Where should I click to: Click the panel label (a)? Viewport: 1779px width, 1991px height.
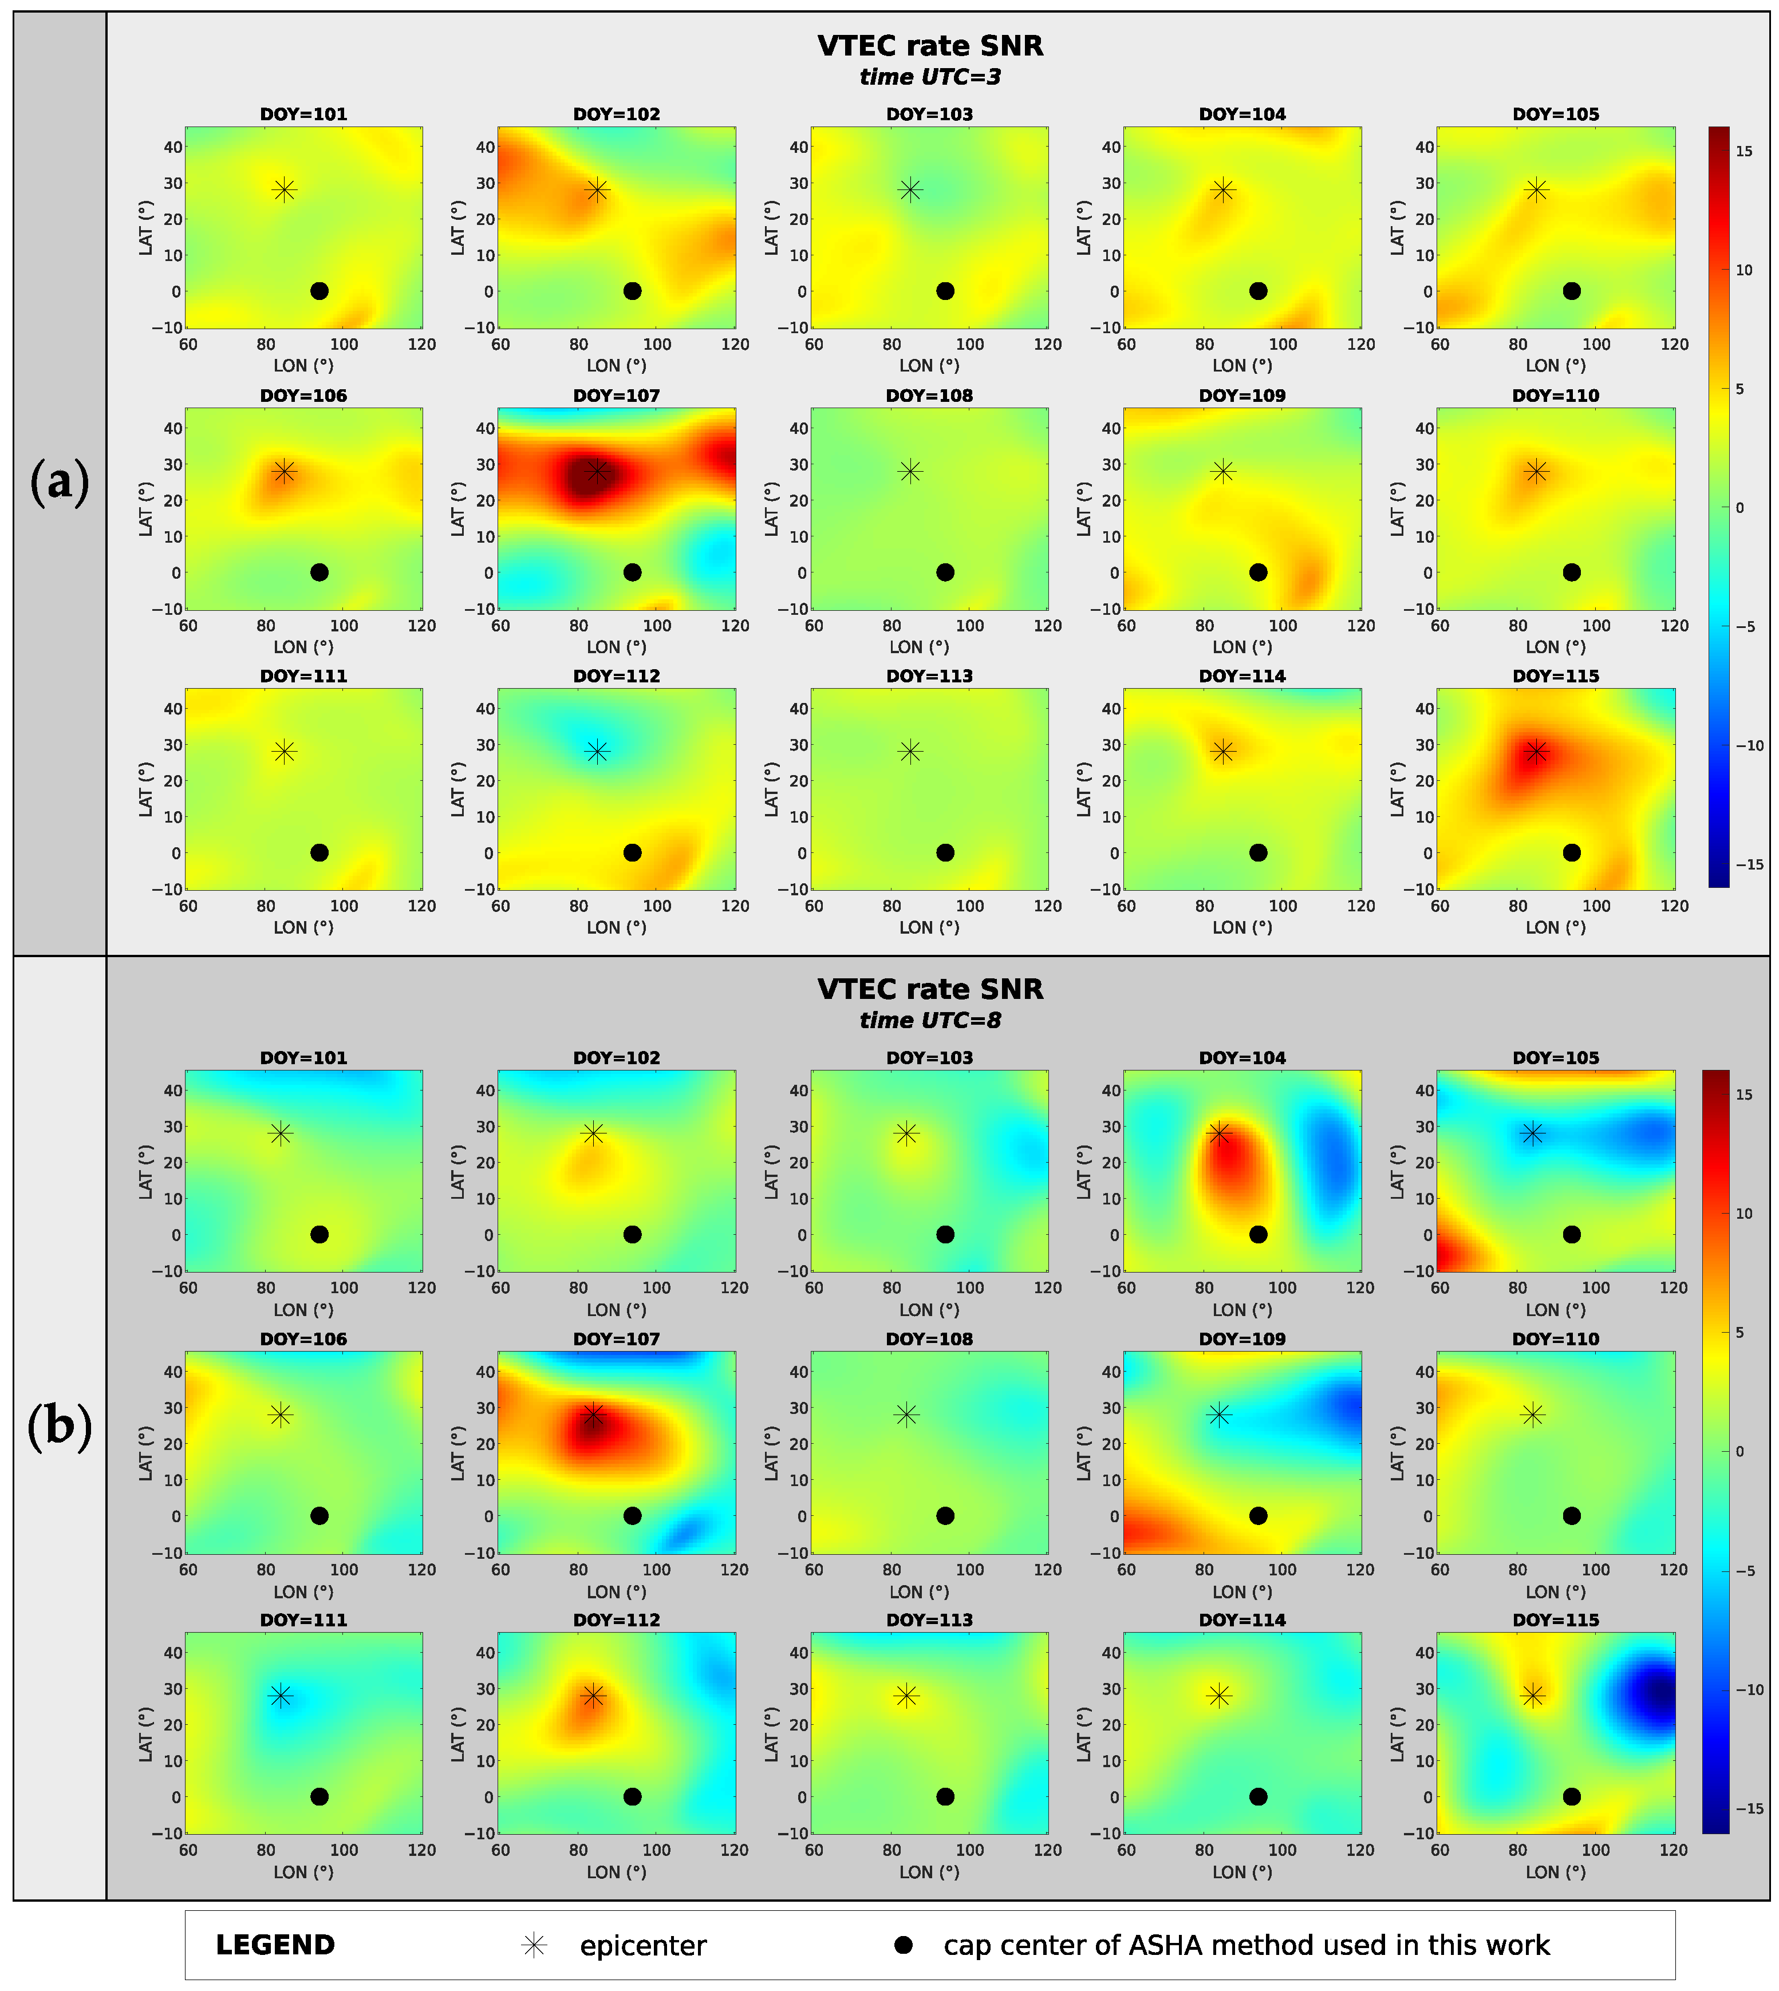click(60, 482)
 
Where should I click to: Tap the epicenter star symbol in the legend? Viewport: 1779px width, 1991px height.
click(534, 1945)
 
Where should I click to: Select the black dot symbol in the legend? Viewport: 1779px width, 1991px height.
click(903, 1945)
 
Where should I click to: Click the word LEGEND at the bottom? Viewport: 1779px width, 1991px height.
click(275, 1945)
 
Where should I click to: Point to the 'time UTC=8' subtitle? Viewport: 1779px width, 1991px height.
click(929, 1021)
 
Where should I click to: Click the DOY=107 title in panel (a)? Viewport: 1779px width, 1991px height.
click(616, 396)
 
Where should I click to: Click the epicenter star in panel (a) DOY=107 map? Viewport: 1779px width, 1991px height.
click(597, 471)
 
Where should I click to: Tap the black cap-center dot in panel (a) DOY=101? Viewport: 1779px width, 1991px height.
click(319, 291)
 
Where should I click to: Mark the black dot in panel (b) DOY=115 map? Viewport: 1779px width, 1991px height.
click(1571, 1796)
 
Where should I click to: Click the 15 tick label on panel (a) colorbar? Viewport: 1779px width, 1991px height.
click(1744, 152)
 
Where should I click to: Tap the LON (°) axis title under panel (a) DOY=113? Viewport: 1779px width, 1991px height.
click(929, 927)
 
